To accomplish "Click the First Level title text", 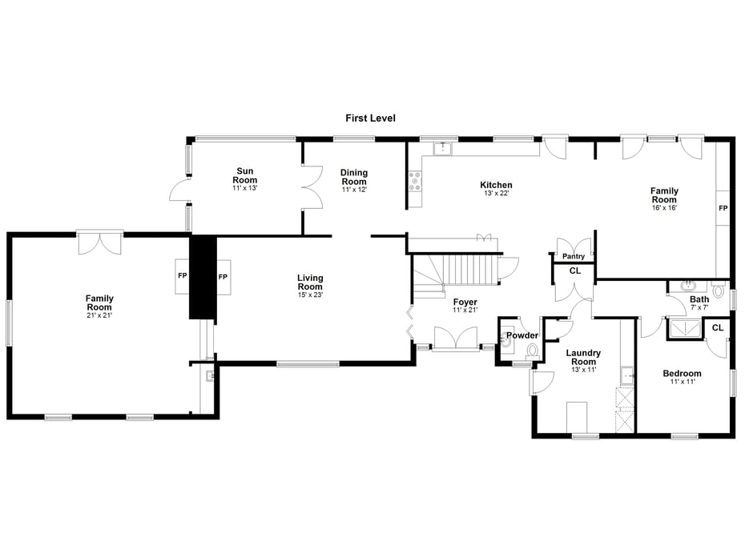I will coord(370,118).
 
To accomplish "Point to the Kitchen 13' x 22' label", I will coord(496,189).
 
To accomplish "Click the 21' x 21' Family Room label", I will coord(99,307).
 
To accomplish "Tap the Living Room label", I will coord(310,286).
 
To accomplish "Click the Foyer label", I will coord(465,306).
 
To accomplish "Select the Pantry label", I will coord(574,256).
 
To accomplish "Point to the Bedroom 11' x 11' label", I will coord(682,377).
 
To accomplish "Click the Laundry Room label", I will coord(583,361).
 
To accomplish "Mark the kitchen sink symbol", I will coord(443,149).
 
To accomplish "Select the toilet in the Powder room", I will coord(532,351).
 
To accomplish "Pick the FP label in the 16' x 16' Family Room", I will coord(723,208).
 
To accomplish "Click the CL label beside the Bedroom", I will coord(717,327).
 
